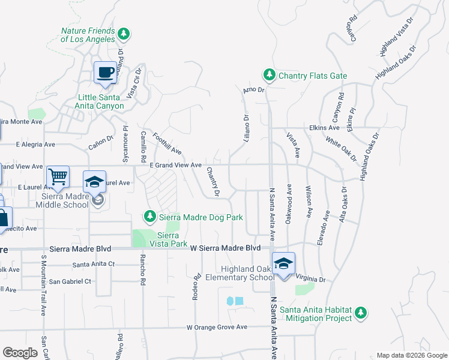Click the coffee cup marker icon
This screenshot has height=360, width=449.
[x=106, y=73]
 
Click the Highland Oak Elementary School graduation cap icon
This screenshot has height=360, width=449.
[x=283, y=263]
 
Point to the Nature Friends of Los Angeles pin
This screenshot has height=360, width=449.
[x=124, y=33]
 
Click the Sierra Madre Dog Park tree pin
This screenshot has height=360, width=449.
[x=150, y=216]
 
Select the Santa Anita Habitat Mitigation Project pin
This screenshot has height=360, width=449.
[x=361, y=312]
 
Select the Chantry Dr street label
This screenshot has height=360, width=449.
[x=213, y=181]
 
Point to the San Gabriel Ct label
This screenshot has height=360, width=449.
[x=70, y=281]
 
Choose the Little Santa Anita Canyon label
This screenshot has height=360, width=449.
[x=101, y=101]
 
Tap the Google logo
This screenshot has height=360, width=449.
[x=20, y=353]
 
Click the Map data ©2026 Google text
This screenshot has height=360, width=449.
[x=411, y=355]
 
